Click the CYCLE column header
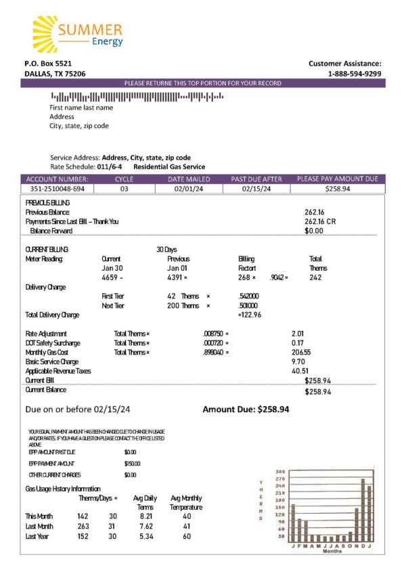pos(125,179)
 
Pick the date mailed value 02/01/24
pos(189,189)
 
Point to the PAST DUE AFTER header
pos(256,179)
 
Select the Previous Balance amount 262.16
pos(315,212)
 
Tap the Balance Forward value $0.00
pos(314,230)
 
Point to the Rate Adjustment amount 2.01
pos(298,334)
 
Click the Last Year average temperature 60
pos(186,536)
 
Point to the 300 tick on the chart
pos(280,472)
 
